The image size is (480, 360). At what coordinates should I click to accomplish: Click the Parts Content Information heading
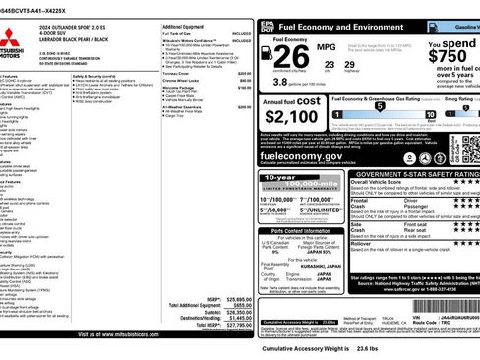click(x=291, y=232)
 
